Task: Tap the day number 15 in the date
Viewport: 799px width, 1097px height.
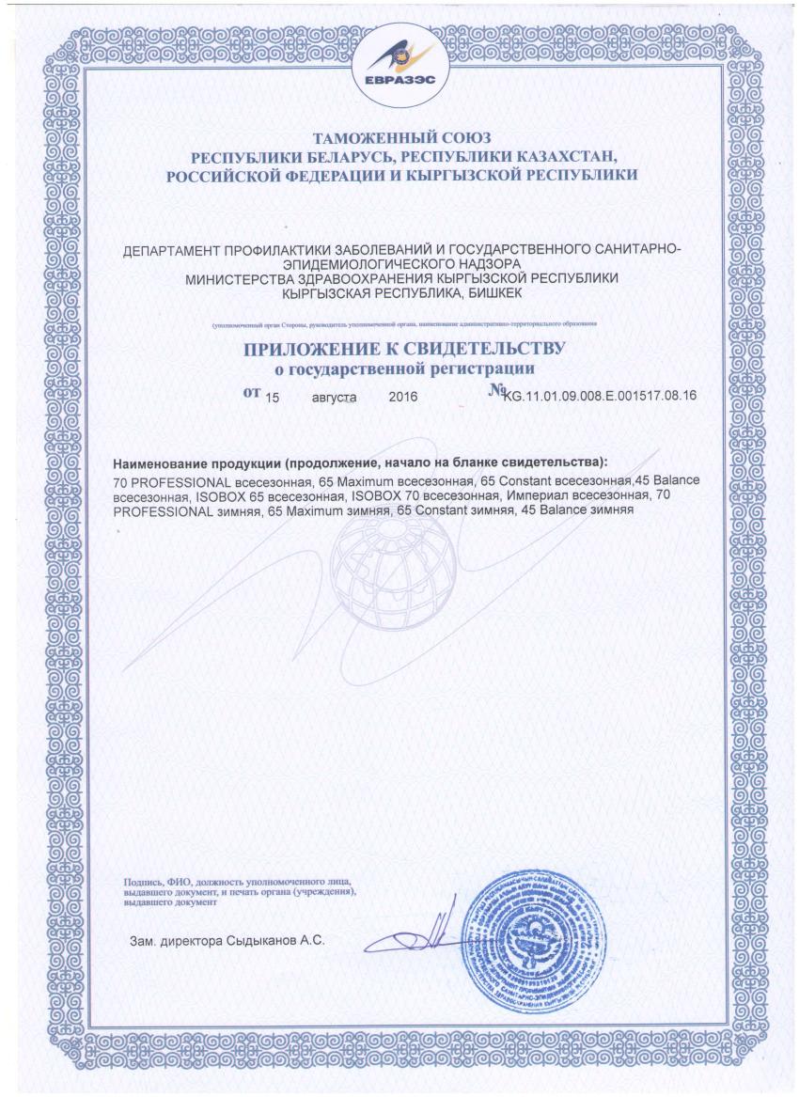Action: (x=274, y=397)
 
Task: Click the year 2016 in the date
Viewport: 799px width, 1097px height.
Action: (x=402, y=397)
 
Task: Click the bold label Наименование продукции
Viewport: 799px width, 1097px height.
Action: (x=197, y=463)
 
